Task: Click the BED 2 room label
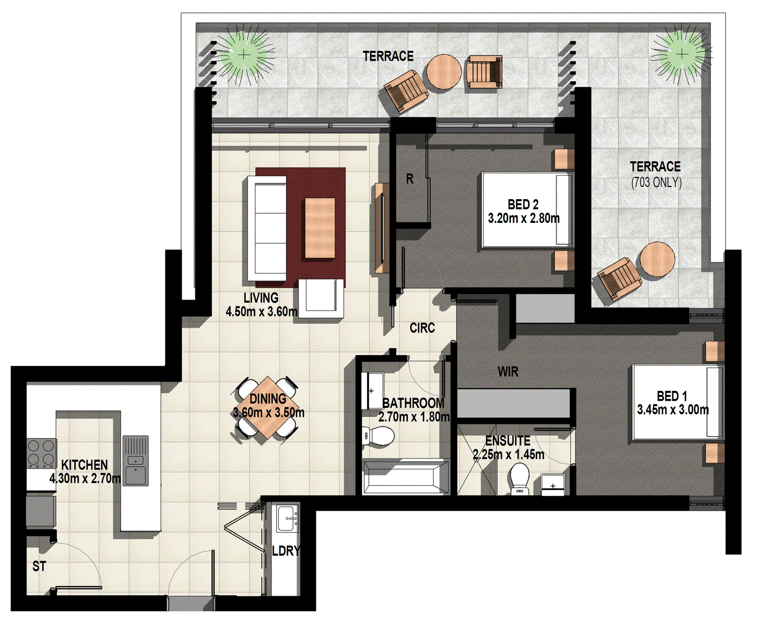click(523, 204)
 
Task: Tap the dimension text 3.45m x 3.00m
click(672, 410)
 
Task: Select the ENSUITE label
click(508, 441)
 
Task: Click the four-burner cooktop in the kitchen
click(41, 453)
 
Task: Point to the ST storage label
click(39, 566)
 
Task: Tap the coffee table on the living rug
click(320, 228)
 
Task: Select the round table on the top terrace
click(443, 72)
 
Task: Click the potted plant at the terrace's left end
click(245, 54)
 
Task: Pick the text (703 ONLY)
click(656, 183)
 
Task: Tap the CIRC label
click(422, 328)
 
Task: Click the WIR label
click(508, 372)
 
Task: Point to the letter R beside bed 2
click(410, 179)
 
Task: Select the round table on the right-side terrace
click(657, 259)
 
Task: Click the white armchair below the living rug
click(321, 297)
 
